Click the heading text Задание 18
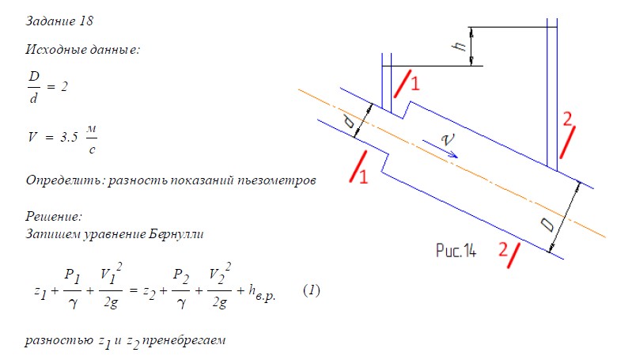click(x=59, y=21)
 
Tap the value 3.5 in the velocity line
click(x=69, y=137)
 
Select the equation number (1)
click(x=312, y=290)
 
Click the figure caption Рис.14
click(x=456, y=250)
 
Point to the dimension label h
click(x=460, y=45)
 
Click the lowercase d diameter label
click(x=350, y=121)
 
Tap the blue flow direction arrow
click(x=440, y=149)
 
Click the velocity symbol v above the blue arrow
click(x=448, y=139)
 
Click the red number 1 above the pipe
click(x=415, y=84)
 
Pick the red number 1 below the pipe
click(x=363, y=176)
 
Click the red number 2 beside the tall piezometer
click(x=567, y=119)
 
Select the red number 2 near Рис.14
click(x=503, y=249)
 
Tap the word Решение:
click(x=54, y=216)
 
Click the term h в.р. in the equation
click(x=262, y=293)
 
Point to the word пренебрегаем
click(x=184, y=340)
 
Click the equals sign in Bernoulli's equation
click(x=133, y=290)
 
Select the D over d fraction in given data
click(x=34, y=87)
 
